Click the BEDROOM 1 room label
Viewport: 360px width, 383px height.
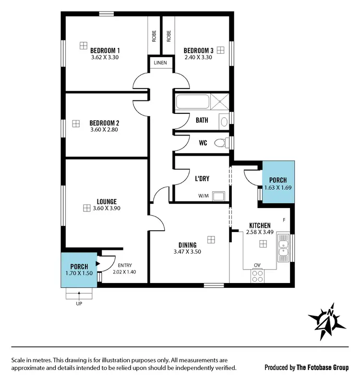[105, 50]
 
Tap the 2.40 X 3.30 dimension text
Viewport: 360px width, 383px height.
[198, 57]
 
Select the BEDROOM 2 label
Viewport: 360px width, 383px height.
[104, 123]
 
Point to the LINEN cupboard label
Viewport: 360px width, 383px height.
[160, 63]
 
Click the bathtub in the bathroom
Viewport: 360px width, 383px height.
[192, 102]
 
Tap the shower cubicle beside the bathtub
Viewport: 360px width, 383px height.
[220, 102]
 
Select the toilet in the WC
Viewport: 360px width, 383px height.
[221, 143]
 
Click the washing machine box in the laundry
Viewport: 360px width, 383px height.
[219, 196]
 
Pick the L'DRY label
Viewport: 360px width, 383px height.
[202, 178]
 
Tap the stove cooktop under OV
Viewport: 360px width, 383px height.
[257, 276]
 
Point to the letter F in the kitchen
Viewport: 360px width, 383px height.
[284, 220]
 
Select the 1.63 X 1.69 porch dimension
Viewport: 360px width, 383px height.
[278, 188]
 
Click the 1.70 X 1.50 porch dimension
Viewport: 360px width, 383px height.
[79, 273]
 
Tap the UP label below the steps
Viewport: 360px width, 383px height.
[79, 304]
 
